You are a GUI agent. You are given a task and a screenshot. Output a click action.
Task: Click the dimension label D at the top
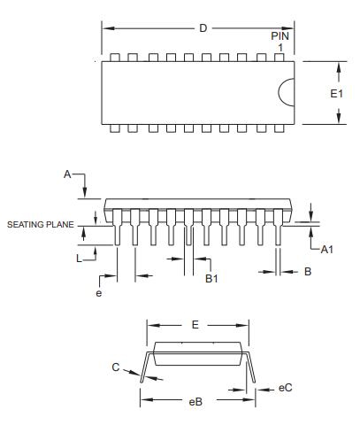203,28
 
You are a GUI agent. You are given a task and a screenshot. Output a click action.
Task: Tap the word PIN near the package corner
280,36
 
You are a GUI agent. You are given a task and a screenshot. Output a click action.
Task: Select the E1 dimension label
336,94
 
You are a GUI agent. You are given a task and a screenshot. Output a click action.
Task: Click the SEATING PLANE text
41,225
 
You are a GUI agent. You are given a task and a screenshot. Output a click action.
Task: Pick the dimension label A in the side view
67,174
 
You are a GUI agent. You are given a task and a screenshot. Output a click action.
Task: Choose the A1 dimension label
326,250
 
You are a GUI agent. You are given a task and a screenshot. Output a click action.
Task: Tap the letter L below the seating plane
79,259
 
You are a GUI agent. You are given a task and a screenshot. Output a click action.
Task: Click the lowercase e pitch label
99,293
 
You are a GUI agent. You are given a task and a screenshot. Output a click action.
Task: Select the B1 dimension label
211,279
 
